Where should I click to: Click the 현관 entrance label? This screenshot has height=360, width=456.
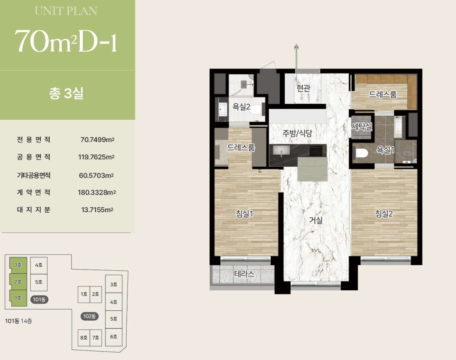click(303, 88)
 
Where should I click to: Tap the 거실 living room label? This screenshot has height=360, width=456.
click(316, 220)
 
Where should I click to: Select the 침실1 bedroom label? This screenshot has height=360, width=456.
click(244, 214)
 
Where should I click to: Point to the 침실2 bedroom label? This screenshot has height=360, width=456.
click(384, 214)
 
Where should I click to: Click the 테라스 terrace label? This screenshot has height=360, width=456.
click(244, 274)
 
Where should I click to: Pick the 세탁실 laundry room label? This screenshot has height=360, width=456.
click(362, 127)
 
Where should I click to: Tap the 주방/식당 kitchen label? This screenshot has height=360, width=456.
click(297, 133)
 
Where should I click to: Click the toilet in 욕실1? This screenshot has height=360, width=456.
click(362, 153)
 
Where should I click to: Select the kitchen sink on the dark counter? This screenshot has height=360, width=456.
click(281, 151)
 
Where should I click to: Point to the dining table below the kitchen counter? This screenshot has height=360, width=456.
click(312, 169)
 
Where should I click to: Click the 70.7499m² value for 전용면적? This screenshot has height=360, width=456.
click(97, 140)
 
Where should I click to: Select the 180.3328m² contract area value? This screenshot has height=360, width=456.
click(97, 192)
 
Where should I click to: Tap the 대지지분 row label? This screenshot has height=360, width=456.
click(34, 210)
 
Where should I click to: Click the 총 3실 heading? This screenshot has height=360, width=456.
click(66, 93)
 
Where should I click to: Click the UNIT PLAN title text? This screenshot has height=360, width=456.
click(66, 11)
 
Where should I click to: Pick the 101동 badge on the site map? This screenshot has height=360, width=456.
click(39, 300)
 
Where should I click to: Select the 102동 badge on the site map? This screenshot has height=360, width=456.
click(89, 316)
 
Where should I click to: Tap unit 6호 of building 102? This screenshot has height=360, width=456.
click(113, 337)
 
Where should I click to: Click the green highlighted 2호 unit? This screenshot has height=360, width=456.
click(18, 281)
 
